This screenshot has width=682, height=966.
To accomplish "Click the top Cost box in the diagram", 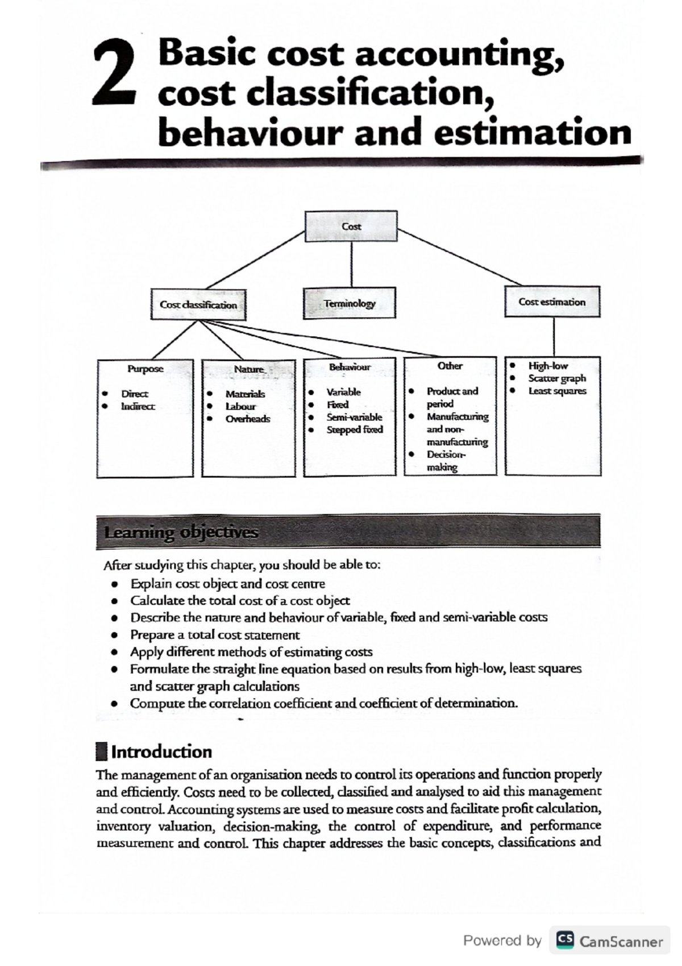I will (351, 226).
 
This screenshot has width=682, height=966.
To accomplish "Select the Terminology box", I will (350, 303).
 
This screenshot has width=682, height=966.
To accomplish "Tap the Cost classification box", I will (198, 305).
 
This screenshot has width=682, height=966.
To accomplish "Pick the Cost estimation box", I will (552, 302).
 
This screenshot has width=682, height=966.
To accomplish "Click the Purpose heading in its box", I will (145, 369).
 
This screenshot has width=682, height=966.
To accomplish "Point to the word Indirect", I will (137, 406).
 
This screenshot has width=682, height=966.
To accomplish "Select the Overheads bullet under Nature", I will (247, 419).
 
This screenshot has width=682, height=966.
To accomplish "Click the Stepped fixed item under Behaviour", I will (354, 430).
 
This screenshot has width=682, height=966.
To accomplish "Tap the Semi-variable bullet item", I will (354, 417).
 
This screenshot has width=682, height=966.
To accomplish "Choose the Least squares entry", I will (557, 391).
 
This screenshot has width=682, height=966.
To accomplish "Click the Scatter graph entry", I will (556, 378).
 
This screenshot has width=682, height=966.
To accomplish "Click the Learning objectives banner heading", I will (181, 532).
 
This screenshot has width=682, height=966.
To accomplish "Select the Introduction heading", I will (161, 752).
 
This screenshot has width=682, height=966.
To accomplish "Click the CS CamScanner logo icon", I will (564, 942).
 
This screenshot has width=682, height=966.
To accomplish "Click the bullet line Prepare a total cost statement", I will (215, 635).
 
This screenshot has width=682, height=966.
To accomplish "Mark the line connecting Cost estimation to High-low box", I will (554, 337).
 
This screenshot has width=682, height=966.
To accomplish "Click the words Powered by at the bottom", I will (502, 941).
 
